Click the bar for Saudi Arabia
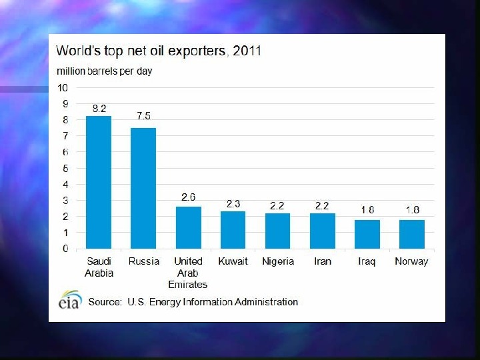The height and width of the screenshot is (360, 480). [99, 182]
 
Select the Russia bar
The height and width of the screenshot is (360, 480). [143, 188]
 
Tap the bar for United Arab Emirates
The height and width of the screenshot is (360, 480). [188, 227]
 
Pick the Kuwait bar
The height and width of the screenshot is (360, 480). [233, 230]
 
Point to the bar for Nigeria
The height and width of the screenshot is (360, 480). [277, 231]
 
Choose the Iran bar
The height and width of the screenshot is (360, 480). [322, 231]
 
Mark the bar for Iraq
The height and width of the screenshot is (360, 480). [367, 234]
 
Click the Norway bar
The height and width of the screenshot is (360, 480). [411, 234]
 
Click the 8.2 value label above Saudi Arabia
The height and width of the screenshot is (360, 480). [99, 107]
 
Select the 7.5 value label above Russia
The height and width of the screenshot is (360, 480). [143, 115]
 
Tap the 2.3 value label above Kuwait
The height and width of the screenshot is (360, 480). [233, 204]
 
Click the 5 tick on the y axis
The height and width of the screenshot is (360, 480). [65, 168]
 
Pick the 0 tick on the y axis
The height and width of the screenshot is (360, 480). [65, 249]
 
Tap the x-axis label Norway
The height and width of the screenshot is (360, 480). [411, 261]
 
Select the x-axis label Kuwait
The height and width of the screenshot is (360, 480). [233, 261]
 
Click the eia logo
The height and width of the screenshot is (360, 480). [69, 301]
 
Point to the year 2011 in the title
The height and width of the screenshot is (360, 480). [247, 51]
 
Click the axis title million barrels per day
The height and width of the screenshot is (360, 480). [104, 71]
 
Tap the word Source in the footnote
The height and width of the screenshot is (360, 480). [105, 302]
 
